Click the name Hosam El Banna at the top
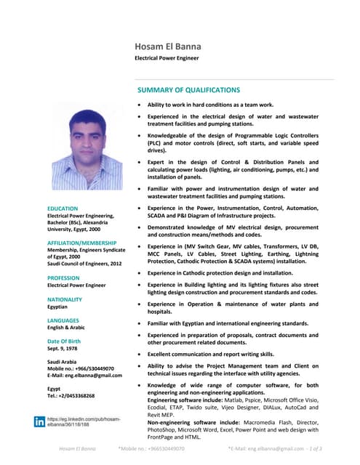[168, 46]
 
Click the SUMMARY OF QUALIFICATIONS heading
[188, 90]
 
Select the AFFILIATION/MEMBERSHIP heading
[81, 242]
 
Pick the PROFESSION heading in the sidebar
[64, 278]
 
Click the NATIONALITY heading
[65, 299]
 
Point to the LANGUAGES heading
[63, 320]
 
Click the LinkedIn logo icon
[39, 421]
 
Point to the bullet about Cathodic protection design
[220, 272]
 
